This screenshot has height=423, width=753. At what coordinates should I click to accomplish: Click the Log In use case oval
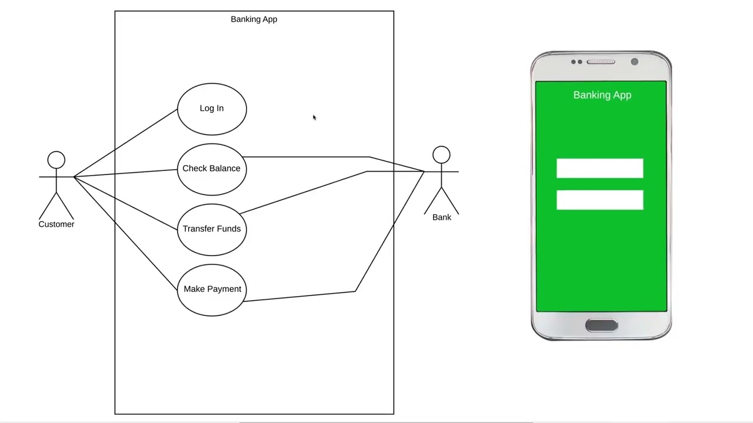[x=212, y=109]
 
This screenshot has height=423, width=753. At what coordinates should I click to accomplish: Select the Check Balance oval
[x=212, y=169]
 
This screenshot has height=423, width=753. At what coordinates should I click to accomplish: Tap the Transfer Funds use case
[x=212, y=229]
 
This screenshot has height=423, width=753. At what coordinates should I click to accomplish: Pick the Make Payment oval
[x=212, y=290]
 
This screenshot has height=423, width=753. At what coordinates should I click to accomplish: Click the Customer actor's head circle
[x=56, y=160]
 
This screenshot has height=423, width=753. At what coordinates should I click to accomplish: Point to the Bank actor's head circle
[x=441, y=155]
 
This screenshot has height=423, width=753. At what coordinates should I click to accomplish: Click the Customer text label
[x=56, y=224]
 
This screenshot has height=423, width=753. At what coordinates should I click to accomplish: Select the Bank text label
[x=442, y=217]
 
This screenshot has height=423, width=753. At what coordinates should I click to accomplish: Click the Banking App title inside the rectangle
[x=254, y=19]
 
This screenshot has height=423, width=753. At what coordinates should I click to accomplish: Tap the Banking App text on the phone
[x=602, y=95]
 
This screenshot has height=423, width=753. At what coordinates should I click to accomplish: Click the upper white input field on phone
[x=599, y=169]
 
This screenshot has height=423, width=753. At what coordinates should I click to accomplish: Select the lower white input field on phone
[x=599, y=200]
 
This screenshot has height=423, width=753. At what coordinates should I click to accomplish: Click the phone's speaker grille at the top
[x=601, y=62]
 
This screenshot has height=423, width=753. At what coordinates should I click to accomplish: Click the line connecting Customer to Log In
[x=125, y=143]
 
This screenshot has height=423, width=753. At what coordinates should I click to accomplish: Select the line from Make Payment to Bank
[x=300, y=296]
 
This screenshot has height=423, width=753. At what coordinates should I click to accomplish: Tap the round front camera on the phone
[x=634, y=62]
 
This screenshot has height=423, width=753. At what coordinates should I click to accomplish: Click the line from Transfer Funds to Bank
[x=303, y=193]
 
